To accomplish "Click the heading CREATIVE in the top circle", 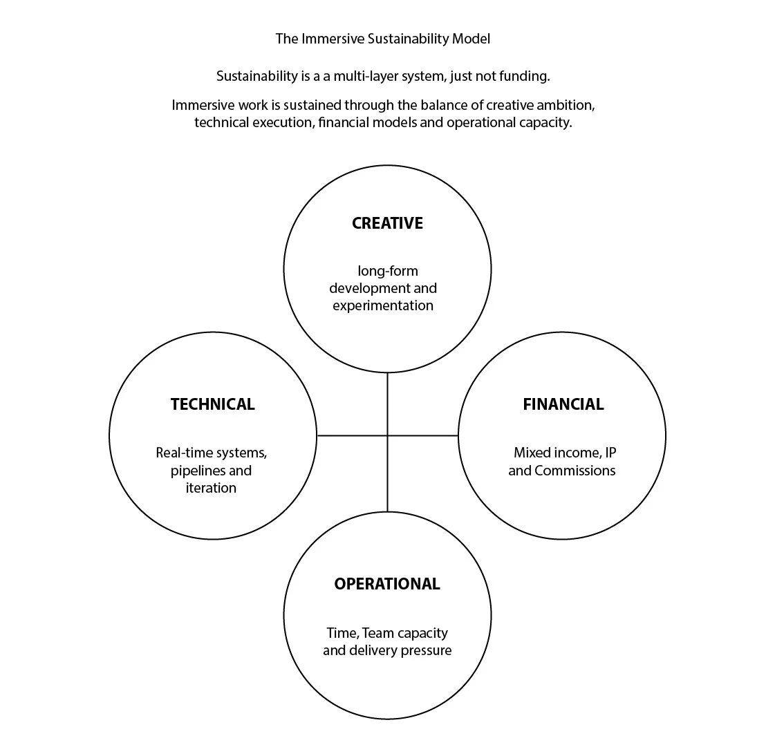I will [387, 223].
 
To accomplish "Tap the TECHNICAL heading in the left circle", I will [212, 404].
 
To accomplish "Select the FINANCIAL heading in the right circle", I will [563, 404].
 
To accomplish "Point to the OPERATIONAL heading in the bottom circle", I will [386, 584].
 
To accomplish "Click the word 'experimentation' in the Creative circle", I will [383, 305].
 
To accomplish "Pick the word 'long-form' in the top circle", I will [388, 271].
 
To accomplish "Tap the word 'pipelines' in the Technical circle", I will [196, 471].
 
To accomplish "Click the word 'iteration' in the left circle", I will [211, 488].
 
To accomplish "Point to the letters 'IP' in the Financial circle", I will [610, 453].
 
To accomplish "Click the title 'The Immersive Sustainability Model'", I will [382, 39].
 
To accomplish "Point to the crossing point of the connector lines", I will [387, 435].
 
